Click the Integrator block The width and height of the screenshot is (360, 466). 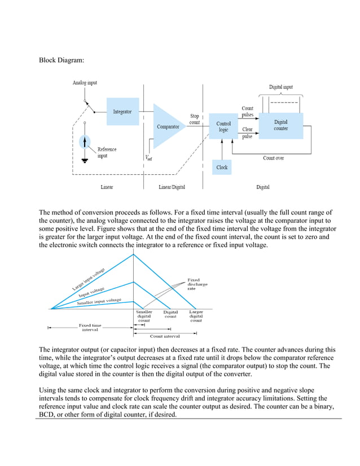[x=122, y=112]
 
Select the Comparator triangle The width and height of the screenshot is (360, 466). [x=167, y=127]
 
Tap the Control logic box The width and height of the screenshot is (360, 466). [x=223, y=127]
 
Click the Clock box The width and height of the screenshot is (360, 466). [x=222, y=168]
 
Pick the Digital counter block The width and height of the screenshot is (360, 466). [x=280, y=125]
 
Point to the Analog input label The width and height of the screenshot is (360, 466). [x=85, y=82]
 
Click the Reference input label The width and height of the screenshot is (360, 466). [x=107, y=152]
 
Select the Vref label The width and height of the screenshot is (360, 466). [x=148, y=159]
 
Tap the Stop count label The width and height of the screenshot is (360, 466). [x=195, y=119]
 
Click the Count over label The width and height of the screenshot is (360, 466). [x=273, y=158]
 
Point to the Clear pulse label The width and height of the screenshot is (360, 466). [x=247, y=133]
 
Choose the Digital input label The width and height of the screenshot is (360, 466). [x=280, y=87]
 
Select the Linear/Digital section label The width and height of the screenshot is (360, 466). [x=172, y=187]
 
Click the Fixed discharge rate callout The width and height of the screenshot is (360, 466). [x=197, y=284]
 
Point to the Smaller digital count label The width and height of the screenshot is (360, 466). [x=144, y=316]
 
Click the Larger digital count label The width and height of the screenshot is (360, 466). [x=196, y=316]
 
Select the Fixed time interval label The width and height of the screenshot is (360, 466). [x=90, y=328]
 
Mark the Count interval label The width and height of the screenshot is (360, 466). [x=164, y=336]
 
